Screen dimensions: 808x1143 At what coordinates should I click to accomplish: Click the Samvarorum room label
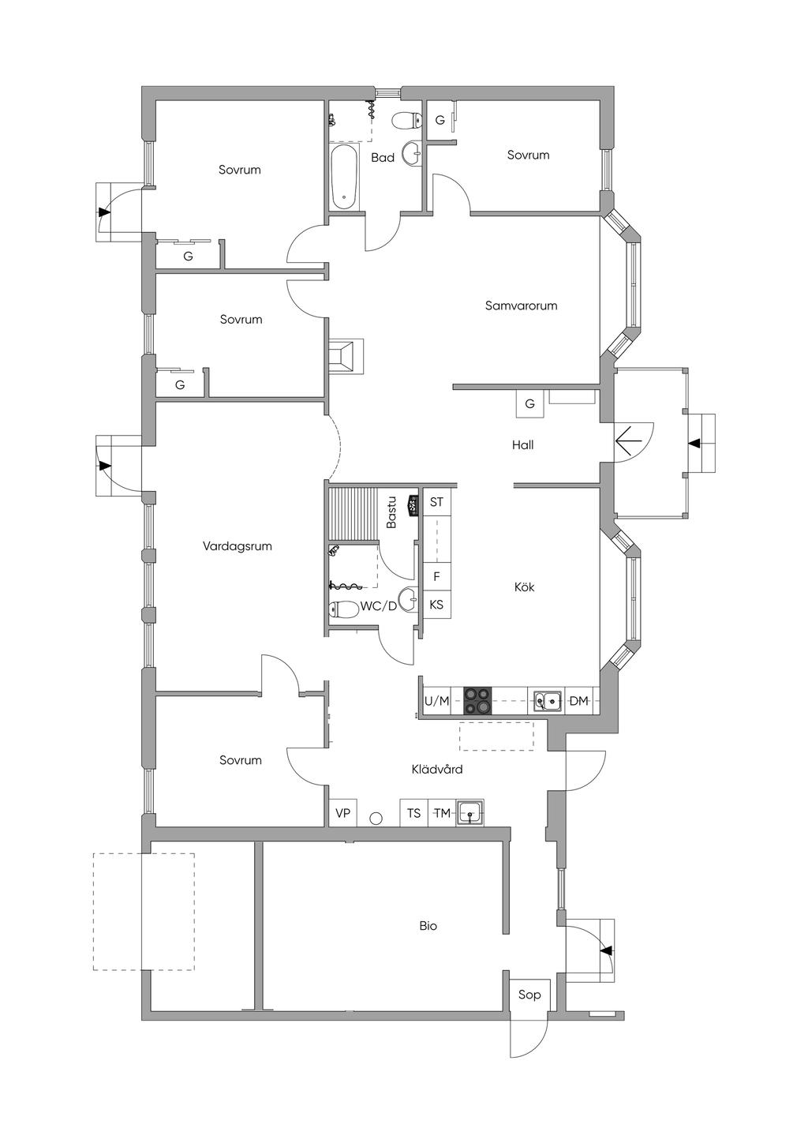click(x=521, y=305)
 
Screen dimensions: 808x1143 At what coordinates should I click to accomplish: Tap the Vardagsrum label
click(x=237, y=545)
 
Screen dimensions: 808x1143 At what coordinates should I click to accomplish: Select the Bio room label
click(x=428, y=925)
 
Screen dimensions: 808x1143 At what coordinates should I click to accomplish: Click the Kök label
click(x=524, y=586)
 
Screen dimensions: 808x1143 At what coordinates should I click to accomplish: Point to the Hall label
click(x=522, y=444)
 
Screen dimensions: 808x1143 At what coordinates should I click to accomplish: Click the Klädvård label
click(x=436, y=768)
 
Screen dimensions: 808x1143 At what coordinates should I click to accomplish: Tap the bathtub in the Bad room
click(x=345, y=177)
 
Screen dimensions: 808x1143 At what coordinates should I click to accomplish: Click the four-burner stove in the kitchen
click(x=477, y=700)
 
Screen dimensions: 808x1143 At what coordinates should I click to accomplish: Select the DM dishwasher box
click(x=578, y=700)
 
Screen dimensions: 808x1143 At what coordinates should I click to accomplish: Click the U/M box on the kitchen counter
click(x=436, y=700)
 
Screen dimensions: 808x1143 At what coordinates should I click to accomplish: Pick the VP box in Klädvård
click(x=342, y=812)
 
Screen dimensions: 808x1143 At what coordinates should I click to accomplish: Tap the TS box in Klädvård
click(x=413, y=812)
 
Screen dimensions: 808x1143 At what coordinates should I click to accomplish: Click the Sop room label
click(x=529, y=994)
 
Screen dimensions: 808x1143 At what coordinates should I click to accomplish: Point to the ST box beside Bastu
click(x=436, y=502)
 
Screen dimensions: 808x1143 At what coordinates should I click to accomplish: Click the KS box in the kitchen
click(x=436, y=605)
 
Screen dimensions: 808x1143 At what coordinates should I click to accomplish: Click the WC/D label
click(x=379, y=606)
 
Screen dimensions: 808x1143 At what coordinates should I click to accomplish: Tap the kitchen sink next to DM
click(x=547, y=700)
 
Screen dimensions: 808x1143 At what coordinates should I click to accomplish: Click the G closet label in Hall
click(x=529, y=403)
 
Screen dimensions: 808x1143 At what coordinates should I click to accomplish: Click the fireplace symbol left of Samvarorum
click(x=346, y=355)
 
